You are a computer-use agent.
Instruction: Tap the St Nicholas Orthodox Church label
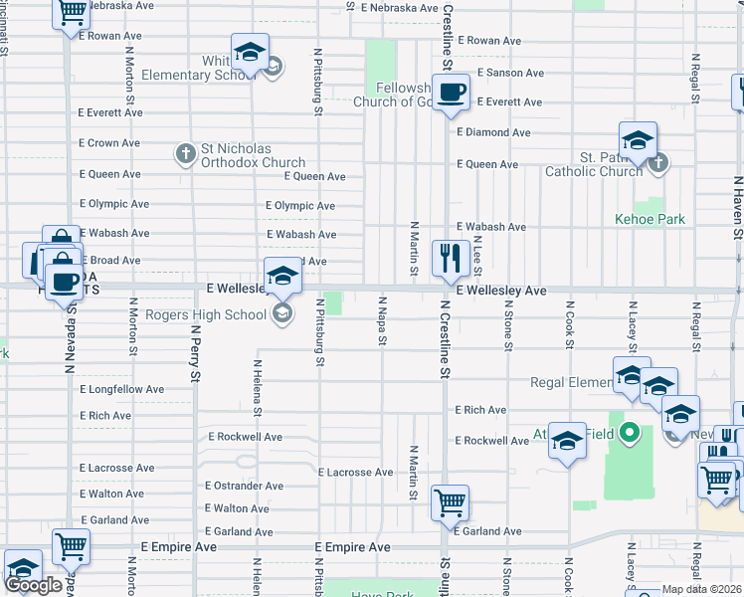[x=253, y=156]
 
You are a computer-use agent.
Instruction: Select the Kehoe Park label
[x=651, y=219]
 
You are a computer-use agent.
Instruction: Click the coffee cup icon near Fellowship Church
[x=451, y=93]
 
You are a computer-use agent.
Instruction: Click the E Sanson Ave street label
[x=510, y=73]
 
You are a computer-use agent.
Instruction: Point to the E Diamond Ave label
[x=493, y=132]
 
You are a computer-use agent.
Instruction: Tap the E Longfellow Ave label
[x=122, y=389]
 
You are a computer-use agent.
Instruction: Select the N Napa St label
[x=382, y=320]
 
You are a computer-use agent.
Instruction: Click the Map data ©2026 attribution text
[x=702, y=589]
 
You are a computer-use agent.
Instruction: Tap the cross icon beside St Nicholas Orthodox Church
[x=184, y=154]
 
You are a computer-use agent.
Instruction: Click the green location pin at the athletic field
[x=629, y=433]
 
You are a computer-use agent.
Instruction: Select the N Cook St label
[x=570, y=326]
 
